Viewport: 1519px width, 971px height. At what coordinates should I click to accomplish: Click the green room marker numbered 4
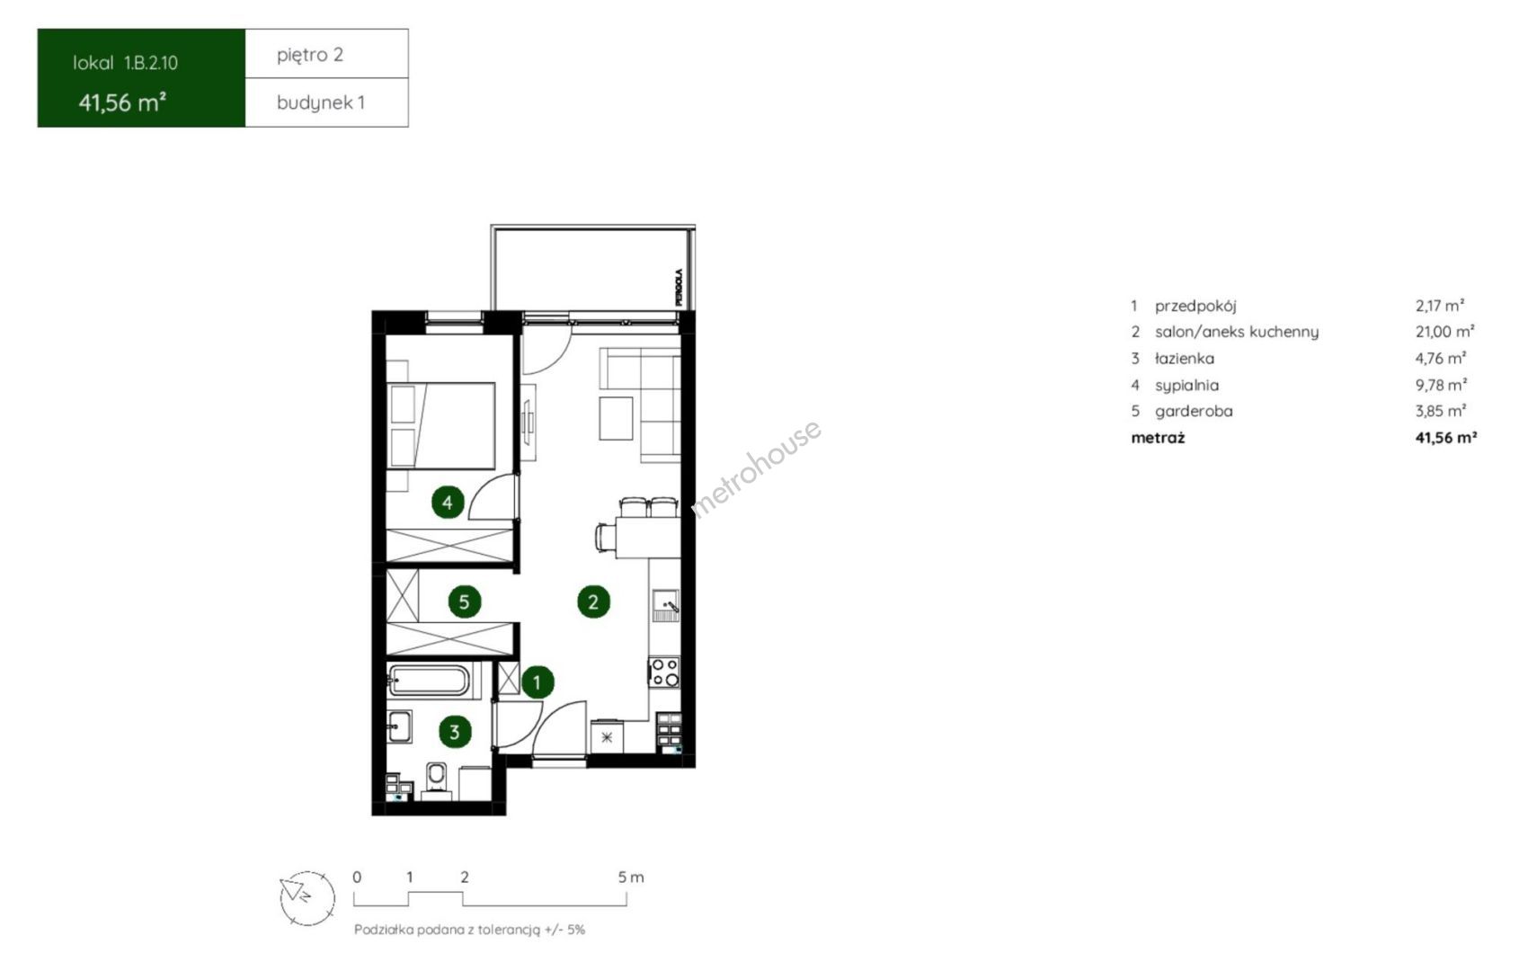pyautogui.click(x=448, y=502)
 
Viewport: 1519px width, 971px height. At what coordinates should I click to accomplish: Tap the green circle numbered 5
pyautogui.click(x=465, y=601)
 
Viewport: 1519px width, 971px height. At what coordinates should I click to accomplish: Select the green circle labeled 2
pyautogui.click(x=593, y=601)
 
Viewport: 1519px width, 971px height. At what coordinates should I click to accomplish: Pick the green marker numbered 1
pyautogui.click(x=537, y=681)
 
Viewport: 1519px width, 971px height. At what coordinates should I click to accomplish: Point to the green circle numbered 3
pyautogui.click(x=455, y=732)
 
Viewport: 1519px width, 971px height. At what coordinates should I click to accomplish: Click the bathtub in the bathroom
pyautogui.click(x=429, y=681)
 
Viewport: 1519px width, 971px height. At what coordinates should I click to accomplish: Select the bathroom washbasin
pyautogui.click(x=399, y=726)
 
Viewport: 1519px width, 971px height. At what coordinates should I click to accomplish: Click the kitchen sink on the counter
pyautogui.click(x=666, y=606)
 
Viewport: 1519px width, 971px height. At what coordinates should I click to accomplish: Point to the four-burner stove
pyautogui.click(x=664, y=673)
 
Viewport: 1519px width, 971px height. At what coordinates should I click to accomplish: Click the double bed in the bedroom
pyautogui.click(x=440, y=425)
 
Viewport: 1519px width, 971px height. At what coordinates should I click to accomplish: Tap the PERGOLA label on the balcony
pyautogui.click(x=679, y=287)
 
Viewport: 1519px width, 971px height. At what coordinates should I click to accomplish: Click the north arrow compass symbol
pyautogui.click(x=307, y=897)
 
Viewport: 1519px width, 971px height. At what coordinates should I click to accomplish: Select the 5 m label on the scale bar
pyautogui.click(x=631, y=877)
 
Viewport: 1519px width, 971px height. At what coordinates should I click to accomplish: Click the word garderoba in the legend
pyautogui.click(x=1195, y=411)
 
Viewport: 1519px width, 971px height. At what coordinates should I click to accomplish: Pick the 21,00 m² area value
pyautogui.click(x=1445, y=332)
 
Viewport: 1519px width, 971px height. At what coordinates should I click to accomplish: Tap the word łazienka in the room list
pyautogui.click(x=1185, y=358)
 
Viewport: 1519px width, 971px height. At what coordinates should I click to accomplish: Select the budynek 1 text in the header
pyautogui.click(x=321, y=102)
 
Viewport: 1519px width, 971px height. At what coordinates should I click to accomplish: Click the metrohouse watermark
pyautogui.click(x=756, y=469)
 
